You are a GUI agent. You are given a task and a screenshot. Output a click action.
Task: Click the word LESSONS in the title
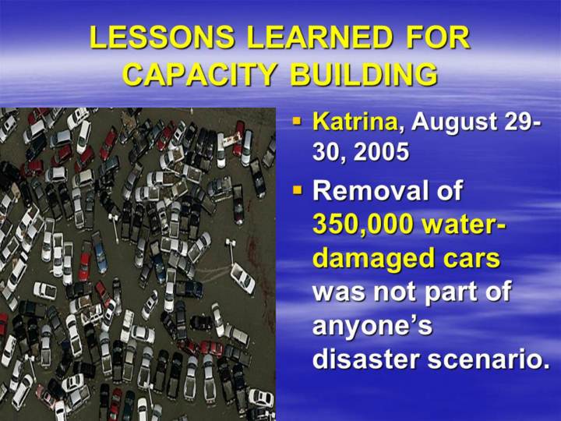coord(162,37)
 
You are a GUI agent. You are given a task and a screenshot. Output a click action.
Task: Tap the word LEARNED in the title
coord(319,37)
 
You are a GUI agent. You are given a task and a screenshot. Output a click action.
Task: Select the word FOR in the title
coord(438,37)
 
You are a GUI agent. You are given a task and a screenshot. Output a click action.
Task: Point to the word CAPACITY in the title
coord(199,74)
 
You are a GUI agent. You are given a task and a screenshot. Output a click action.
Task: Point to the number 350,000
coord(362,225)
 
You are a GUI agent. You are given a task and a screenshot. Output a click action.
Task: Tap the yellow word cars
coord(472,259)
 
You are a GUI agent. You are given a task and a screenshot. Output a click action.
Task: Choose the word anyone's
coord(372,327)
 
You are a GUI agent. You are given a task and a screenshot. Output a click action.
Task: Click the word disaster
coord(365,359)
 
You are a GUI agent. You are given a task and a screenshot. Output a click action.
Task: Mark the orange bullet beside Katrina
coord(298,121)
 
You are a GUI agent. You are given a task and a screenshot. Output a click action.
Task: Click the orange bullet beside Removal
coord(298,189)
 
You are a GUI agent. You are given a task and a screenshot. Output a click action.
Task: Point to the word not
coord(393,292)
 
